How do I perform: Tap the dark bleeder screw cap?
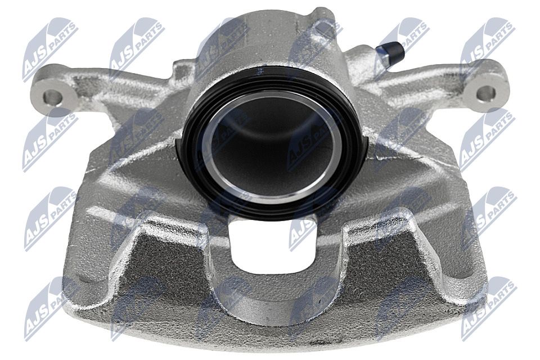[x=390, y=51]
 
